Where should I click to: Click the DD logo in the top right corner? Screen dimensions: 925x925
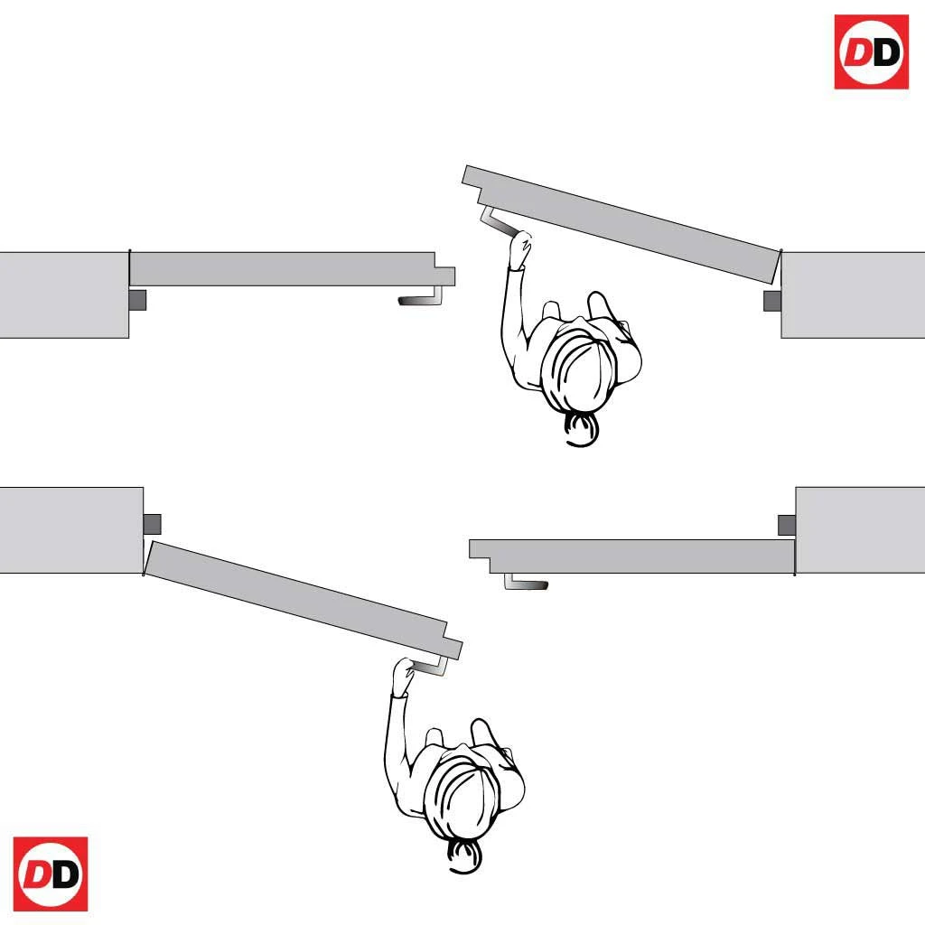click(872, 51)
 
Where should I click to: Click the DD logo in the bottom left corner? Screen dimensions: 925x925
click(51, 874)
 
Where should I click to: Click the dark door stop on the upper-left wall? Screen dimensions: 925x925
click(137, 300)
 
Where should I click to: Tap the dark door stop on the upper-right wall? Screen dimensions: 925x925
click(772, 301)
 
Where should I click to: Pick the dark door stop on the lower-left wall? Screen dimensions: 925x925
click(152, 524)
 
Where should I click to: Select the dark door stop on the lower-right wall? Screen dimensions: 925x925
click(787, 525)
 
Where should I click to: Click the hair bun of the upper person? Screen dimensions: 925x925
click(581, 429)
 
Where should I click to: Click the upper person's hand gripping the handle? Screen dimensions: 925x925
click(519, 248)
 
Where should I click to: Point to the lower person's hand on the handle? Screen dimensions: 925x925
click(404, 676)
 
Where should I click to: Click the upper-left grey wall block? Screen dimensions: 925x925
click(64, 295)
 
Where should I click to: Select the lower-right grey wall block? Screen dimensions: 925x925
click(860, 529)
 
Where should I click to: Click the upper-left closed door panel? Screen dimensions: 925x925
click(292, 269)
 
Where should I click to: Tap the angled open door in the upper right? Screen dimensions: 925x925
click(621, 224)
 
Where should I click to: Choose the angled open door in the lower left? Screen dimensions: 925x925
click(304, 601)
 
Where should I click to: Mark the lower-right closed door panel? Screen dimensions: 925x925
click(631, 556)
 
